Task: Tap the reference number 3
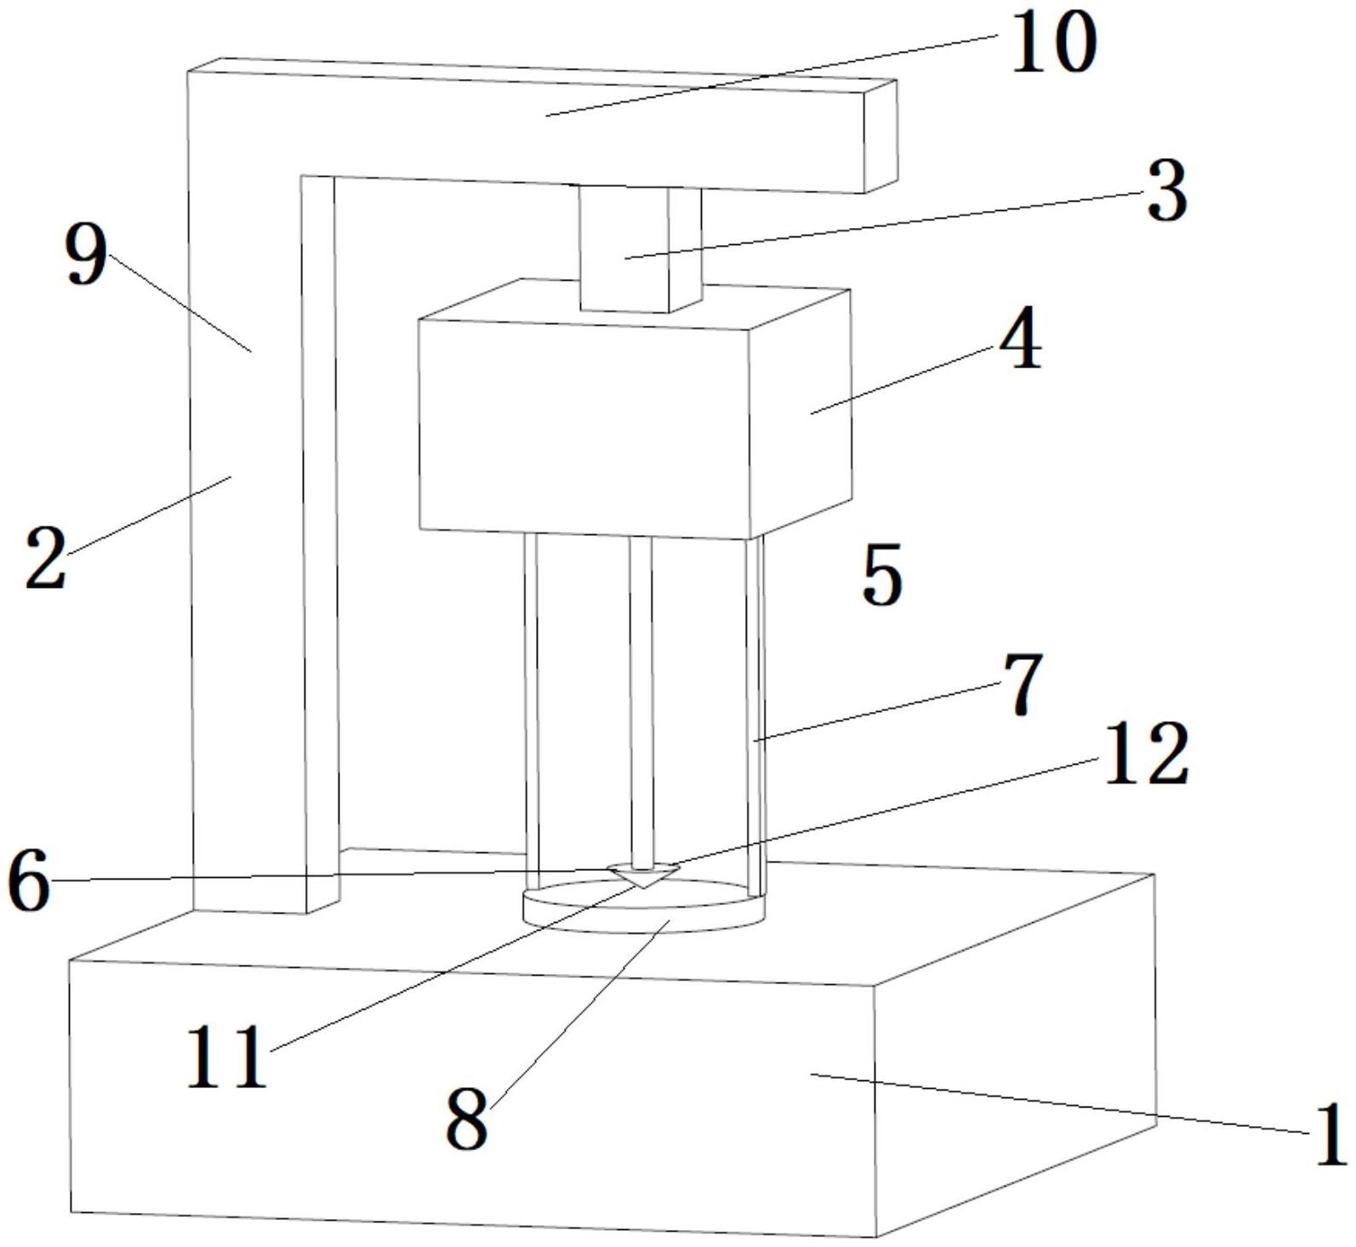tap(1166, 191)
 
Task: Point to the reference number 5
tap(881, 577)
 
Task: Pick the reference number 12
tap(1144, 753)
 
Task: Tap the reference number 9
tap(87, 256)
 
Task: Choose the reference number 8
tap(467, 1119)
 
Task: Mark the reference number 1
tap(1330, 1132)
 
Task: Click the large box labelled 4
tap(587, 425)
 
